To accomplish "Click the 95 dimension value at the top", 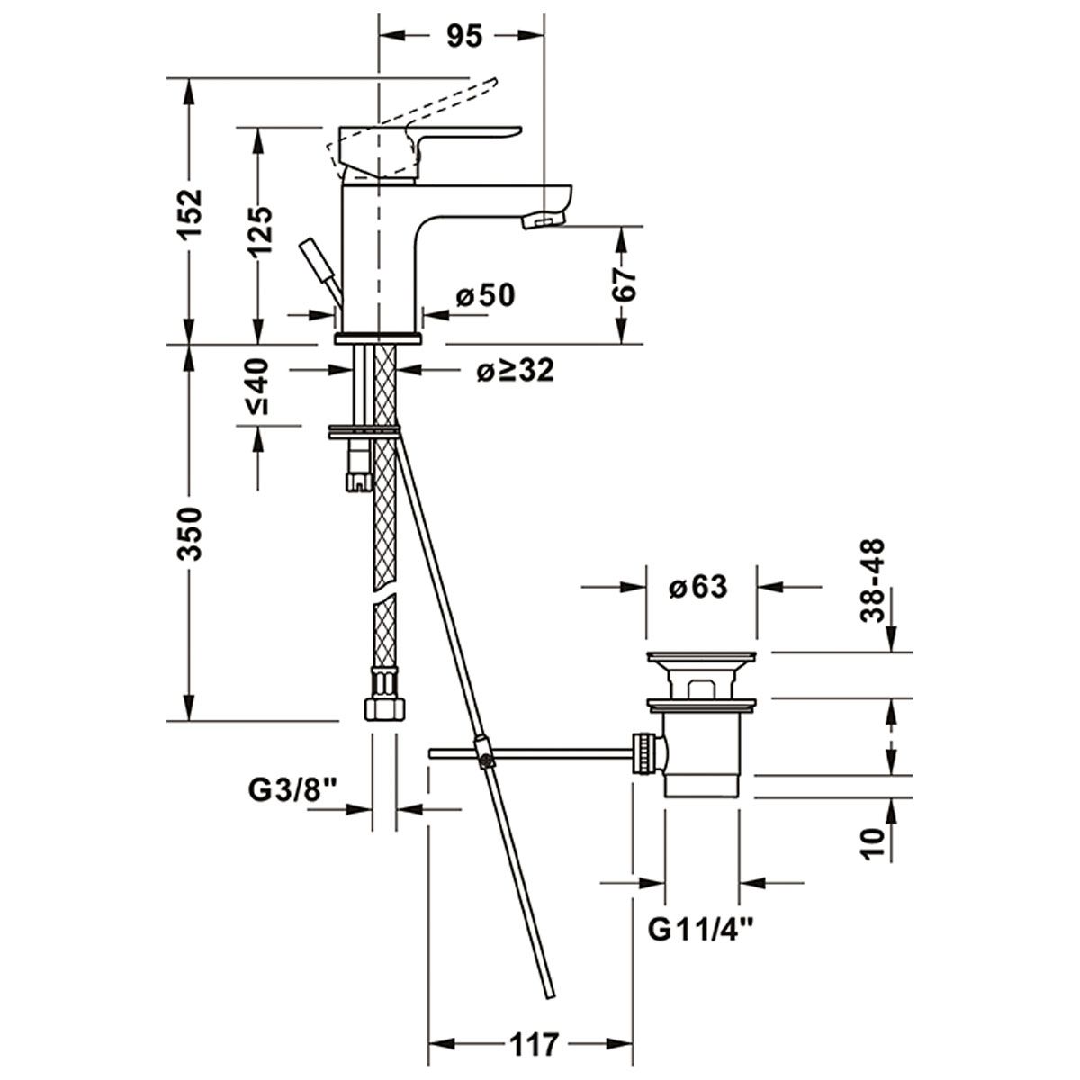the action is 464,36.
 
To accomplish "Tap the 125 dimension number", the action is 259,232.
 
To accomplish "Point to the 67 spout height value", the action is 625,284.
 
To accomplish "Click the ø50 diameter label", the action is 485,295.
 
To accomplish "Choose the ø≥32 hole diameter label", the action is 515,370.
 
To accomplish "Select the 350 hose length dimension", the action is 189,533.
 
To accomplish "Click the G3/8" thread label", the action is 292,791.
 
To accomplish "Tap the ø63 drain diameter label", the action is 698,587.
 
